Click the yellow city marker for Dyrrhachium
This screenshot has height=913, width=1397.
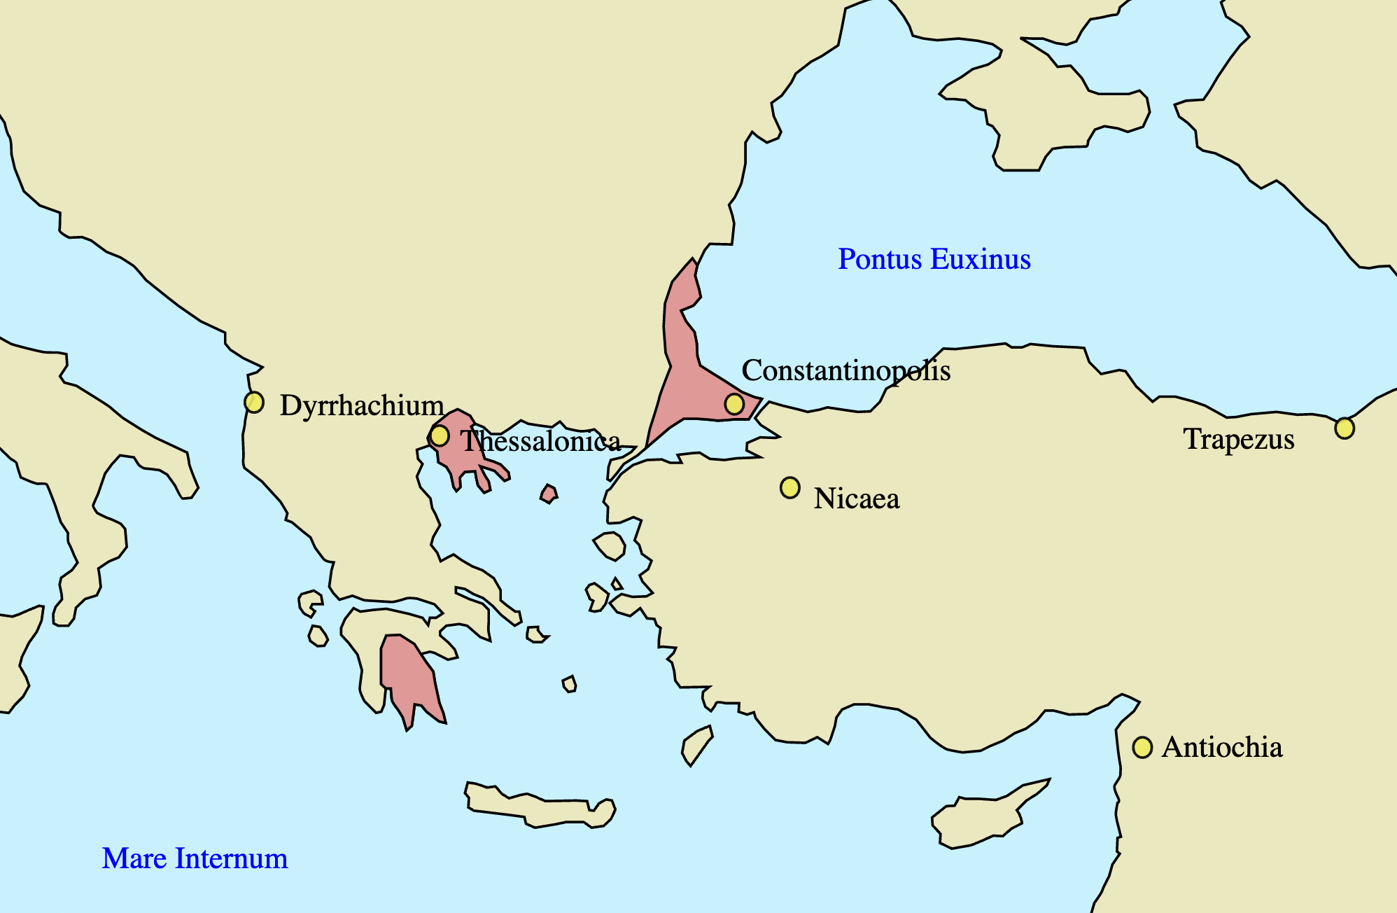point(254,403)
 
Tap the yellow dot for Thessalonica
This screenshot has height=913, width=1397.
point(439,435)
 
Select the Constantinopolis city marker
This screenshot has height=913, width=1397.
point(733,404)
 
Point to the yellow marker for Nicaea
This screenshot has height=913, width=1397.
point(789,487)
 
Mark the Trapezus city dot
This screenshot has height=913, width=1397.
point(1344,428)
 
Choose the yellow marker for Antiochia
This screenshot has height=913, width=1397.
point(1142,748)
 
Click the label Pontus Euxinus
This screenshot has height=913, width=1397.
point(934,259)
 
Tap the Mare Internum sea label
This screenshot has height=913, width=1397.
point(195,858)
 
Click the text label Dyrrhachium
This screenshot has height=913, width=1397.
point(361,405)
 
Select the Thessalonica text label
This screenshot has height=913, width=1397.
point(540,441)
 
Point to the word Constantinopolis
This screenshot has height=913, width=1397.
point(845,370)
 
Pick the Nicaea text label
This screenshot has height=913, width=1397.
point(856,499)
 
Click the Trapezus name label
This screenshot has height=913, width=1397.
point(1238,439)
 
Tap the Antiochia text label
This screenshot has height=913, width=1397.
point(1221,748)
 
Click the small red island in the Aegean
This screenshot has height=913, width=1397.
point(549,494)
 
